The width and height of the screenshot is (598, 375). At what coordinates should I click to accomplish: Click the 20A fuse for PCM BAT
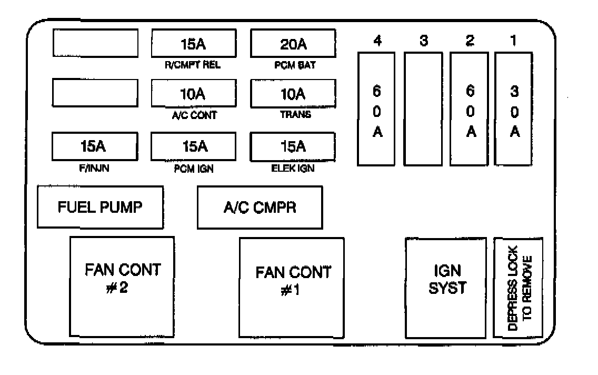point(293,43)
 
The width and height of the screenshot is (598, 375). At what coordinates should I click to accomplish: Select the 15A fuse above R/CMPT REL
point(194,43)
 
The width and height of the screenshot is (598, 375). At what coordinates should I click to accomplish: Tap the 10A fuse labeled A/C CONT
point(194,94)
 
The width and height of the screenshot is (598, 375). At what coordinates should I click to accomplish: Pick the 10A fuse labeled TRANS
point(293,94)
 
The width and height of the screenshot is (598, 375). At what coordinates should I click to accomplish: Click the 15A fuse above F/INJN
point(95,145)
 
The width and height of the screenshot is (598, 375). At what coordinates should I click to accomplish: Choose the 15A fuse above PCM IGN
point(194,145)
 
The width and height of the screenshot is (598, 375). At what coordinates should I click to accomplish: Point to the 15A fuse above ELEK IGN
point(293,145)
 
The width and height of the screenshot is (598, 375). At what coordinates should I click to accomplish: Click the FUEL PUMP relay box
point(100,207)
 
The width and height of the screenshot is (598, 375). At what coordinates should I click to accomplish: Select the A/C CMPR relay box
point(260,207)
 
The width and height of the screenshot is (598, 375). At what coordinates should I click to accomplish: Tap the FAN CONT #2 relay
point(122,287)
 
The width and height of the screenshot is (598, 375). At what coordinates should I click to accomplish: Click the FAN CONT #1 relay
point(292,288)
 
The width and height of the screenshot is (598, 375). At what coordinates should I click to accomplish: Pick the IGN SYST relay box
point(445,288)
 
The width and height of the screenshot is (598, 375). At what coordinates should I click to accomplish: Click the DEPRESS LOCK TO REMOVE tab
point(518,288)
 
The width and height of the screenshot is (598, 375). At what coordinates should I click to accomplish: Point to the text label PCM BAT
point(293,65)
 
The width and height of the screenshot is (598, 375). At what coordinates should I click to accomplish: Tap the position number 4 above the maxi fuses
point(377,41)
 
